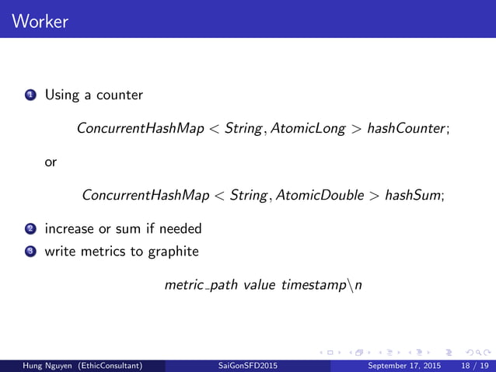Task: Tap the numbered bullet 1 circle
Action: [x=30, y=96]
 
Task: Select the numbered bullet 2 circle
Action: [x=30, y=230]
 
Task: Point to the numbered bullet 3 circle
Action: [x=30, y=252]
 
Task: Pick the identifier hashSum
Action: [x=414, y=195]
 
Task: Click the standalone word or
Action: [x=51, y=162]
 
